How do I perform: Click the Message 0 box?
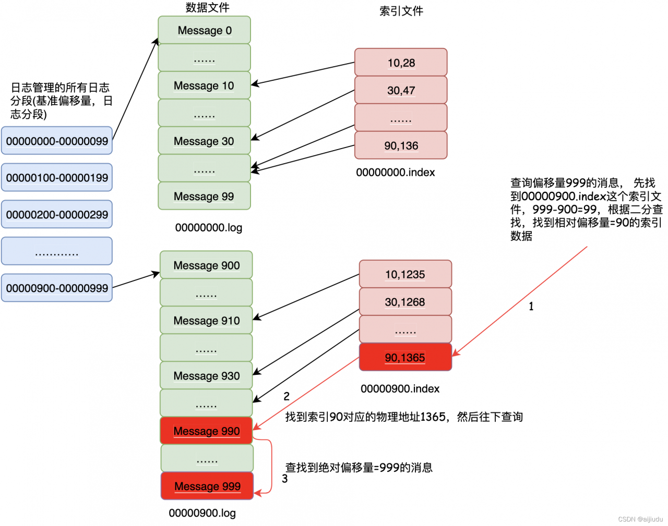coord(205,30)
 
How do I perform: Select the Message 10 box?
coord(204,85)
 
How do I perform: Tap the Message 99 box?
coord(204,196)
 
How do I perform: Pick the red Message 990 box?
coord(207,431)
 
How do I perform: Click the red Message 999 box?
coord(207,486)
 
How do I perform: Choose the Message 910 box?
coord(206,321)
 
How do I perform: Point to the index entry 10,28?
coord(401,63)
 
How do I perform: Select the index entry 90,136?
coord(401,145)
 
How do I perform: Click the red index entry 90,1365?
coord(405,357)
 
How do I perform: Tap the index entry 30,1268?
coord(405,302)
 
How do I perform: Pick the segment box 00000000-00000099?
coord(57,141)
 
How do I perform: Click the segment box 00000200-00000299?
coord(57,214)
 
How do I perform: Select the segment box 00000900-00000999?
coord(57,288)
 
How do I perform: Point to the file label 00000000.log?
coord(208,227)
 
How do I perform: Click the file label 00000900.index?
coord(400,388)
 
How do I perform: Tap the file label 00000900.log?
coord(202,513)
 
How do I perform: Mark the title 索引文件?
coord(401,11)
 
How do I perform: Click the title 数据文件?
coord(207,7)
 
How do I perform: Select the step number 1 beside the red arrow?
coord(531,307)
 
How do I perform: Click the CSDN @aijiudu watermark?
coord(640,519)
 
